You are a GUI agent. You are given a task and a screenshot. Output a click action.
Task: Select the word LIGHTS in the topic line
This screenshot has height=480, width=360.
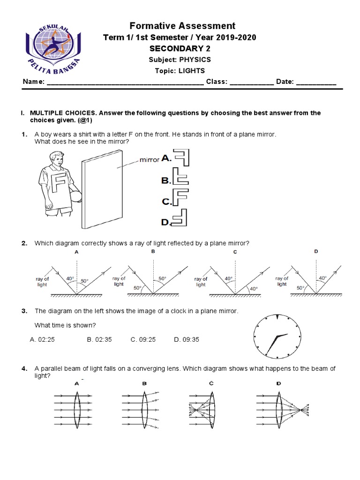pos(193,71)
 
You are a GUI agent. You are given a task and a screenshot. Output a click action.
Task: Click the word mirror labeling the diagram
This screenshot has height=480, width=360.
pos(150,160)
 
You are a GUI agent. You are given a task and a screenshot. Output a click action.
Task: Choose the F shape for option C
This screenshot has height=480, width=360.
pos(180,197)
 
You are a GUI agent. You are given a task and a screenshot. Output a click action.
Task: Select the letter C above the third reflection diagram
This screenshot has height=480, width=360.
pos(235,252)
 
